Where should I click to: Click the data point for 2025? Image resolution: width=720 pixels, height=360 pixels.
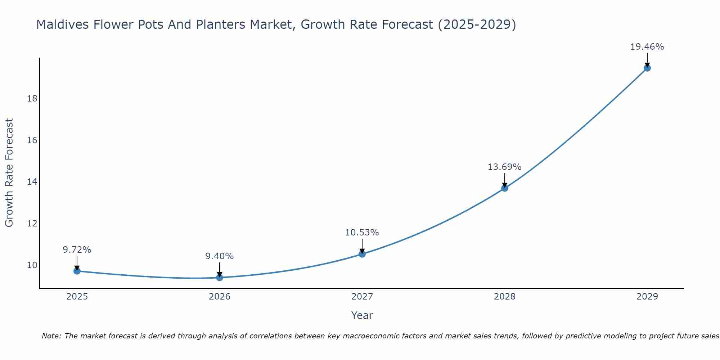(x=77, y=271)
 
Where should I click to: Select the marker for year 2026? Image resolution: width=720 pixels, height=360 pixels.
(x=220, y=277)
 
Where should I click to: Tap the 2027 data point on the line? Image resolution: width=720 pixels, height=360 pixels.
(x=362, y=254)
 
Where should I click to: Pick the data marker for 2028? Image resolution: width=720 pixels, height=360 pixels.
(x=505, y=188)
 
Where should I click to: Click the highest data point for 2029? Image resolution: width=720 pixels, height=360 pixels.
(x=647, y=68)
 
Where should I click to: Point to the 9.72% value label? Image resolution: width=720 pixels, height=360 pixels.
(x=77, y=249)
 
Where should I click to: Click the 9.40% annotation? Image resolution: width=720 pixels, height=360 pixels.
(x=220, y=256)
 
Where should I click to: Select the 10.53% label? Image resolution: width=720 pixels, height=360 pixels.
(x=362, y=233)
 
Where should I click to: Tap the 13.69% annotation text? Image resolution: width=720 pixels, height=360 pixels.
(x=505, y=167)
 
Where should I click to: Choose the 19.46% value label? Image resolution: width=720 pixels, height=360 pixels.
(x=647, y=47)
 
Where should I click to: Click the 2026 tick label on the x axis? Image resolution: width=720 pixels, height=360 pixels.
(x=220, y=297)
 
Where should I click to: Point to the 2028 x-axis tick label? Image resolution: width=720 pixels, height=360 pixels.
(x=505, y=297)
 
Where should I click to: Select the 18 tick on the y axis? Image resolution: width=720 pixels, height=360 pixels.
(x=32, y=99)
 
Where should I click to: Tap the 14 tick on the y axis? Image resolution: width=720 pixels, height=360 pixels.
(x=32, y=182)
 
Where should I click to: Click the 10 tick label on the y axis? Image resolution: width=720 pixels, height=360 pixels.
(x=32, y=265)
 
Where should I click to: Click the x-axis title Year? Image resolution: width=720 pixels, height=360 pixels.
(x=362, y=315)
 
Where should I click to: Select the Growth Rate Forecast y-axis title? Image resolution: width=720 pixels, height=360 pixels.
(x=9, y=173)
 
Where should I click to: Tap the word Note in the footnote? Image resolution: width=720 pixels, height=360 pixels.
(x=51, y=336)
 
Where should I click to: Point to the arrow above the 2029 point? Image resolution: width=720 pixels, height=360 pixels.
(x=647, y=60)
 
